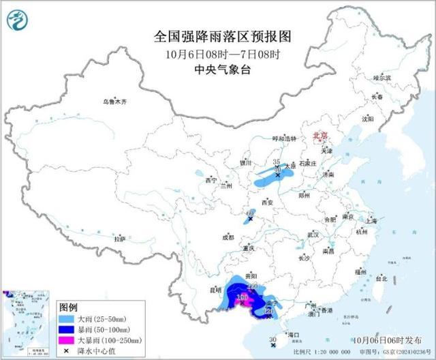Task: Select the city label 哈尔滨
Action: pyautogui.click(x=382, y=78)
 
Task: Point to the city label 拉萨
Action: pyautogui.click(x=120, y=239)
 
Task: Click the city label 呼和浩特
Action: pyautogui.click(x=285, y=138)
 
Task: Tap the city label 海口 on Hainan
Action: pyautogui.click(x=294, y=335)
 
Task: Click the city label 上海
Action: pyautogui.click(x=371, y=221)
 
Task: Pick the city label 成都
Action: pyautogui.click(x=227, y=237)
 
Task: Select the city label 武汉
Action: pyautogui.click(x=314, y=234)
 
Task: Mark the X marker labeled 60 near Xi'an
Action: pyautogui.click(x=250, y=219)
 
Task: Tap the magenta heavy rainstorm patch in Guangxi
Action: pyautogui.click(x=242, y=298)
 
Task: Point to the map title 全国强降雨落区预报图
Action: pyautogui.click(x=218, y=35)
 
